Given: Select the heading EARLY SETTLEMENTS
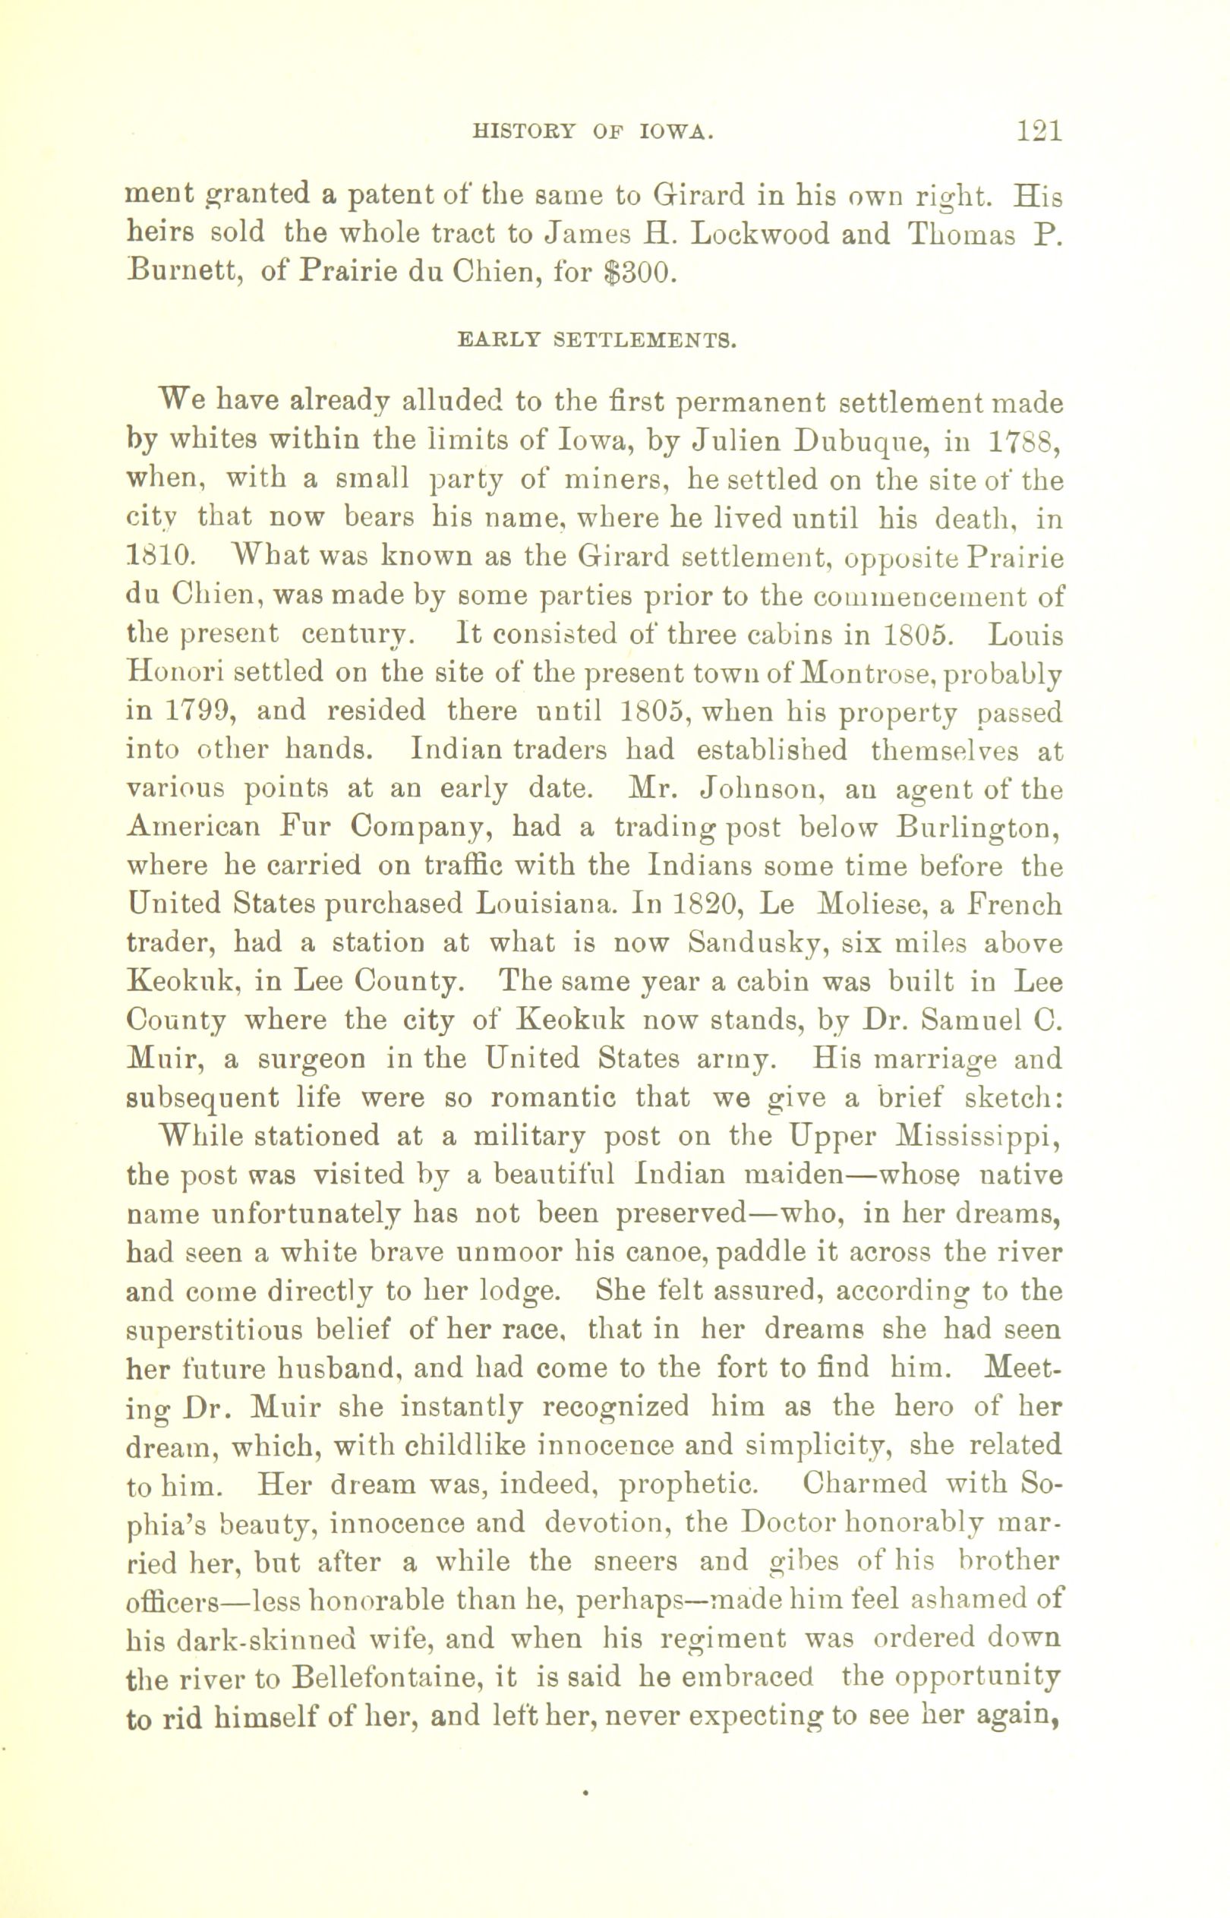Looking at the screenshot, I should [x=596, y=339].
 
